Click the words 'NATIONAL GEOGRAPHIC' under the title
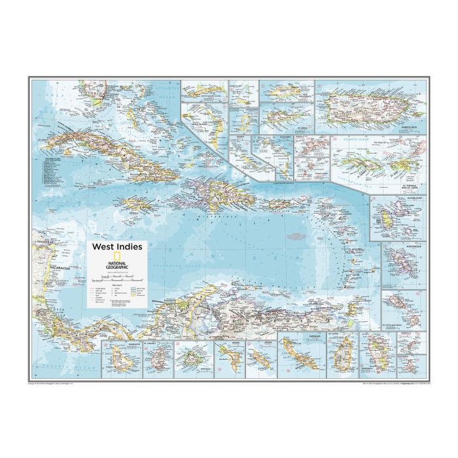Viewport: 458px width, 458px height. [118, 264]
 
